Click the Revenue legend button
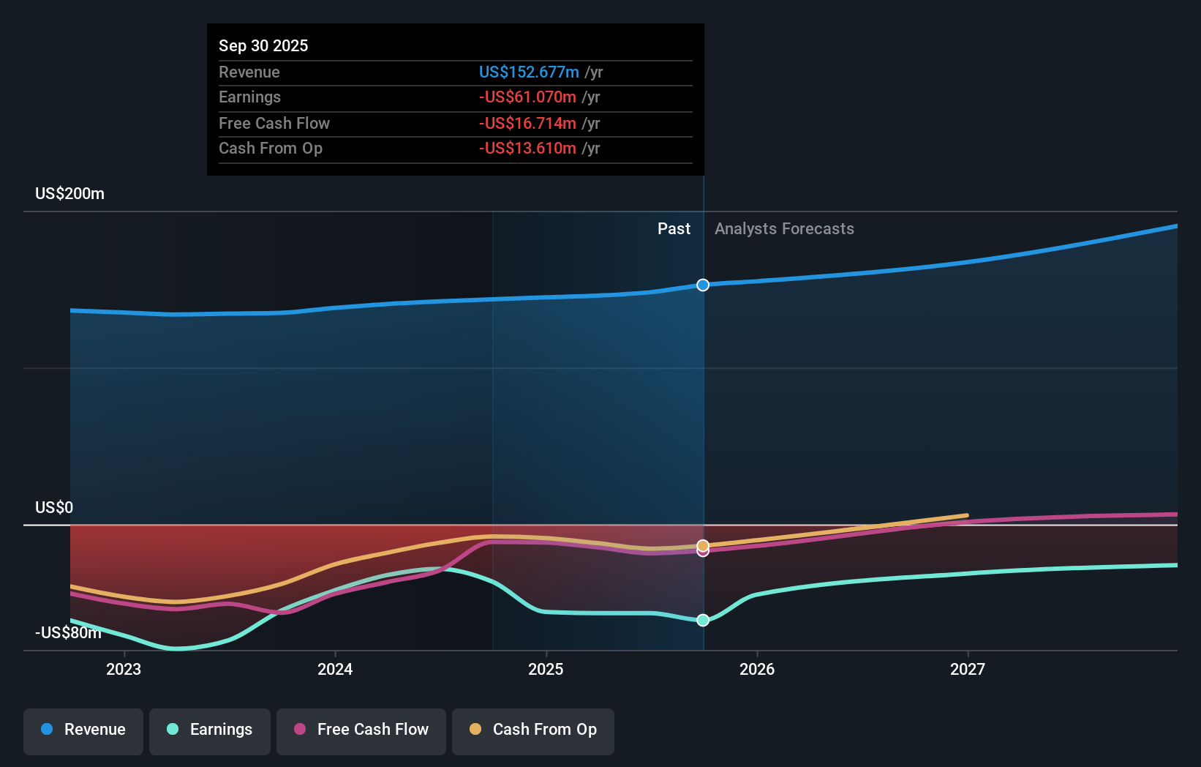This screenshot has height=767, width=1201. (x=83, y=730)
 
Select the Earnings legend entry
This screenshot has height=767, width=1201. (x=210, y=730)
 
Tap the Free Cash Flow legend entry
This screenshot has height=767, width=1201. (x=361, y=730)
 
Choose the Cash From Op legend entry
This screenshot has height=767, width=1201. (x=533, y=730)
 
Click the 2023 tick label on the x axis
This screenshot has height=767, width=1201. (x=124, y=669)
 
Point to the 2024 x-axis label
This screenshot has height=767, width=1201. (x=335, y=669)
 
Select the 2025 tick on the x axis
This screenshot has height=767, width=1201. (x=546, y=669)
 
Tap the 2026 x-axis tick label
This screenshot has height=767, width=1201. (x=757, y=669)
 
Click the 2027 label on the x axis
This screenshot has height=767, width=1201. (x=968, y=669)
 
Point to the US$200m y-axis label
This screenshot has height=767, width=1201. (x=70, y=194)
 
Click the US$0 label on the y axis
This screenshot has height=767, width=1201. (x=54, y=508)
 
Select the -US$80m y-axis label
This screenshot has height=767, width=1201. (x=68, y=632)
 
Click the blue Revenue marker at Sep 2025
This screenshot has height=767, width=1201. (x=703, y=285)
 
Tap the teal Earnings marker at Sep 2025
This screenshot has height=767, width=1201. (x=703, y=620)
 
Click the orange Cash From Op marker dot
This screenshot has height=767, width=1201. (x=703, y=545)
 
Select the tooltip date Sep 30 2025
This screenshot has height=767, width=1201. (x=263, y=45)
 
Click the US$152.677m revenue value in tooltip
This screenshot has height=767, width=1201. (x=529, y=72)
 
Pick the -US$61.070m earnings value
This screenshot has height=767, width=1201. (x=527, y=97)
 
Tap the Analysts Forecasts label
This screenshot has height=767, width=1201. (x=784, y=229)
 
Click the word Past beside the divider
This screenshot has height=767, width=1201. (x=674, y=229)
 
